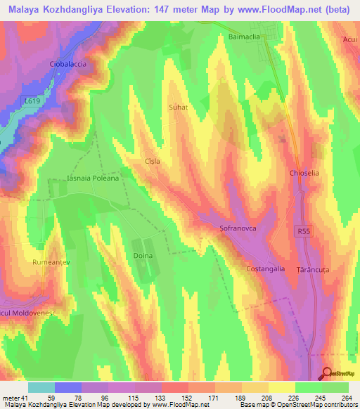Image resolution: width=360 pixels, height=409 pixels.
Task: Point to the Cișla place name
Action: (x=153, y=161)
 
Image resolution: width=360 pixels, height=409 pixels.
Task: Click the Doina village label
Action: (x=143, y=256)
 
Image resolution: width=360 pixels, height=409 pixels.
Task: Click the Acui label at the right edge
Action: (x=351, y=40)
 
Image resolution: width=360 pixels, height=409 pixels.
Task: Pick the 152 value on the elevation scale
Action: (x=175, y=398)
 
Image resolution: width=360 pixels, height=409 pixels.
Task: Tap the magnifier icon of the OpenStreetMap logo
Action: (x=327, y=374)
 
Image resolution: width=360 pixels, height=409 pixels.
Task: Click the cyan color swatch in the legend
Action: (x=41, y=387)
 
